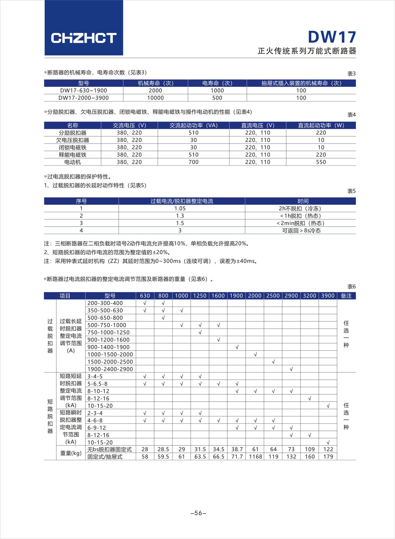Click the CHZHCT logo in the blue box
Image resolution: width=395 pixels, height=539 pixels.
(84, 38)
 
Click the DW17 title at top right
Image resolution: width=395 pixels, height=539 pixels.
(332, 37)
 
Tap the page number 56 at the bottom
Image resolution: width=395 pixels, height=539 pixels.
(198, 513)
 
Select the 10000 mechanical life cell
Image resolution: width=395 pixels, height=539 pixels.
(155, 98)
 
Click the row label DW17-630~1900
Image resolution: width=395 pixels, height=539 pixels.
(83, 90)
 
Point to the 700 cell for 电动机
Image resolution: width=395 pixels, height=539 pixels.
(194, 162)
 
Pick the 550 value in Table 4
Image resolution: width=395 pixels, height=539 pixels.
(321, 162)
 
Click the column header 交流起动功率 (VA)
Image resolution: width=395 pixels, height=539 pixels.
(194, 125)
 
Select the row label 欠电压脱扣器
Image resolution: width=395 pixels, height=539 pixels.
(73, 140)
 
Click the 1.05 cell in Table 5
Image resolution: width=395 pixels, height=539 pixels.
(180, 209)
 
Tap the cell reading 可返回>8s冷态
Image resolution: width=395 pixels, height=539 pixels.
(302, 231)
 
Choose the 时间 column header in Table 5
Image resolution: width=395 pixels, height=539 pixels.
(303, 201)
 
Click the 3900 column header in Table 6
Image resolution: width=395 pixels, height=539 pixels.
(328, 296)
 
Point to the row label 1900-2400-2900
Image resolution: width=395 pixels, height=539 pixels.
(110, 369)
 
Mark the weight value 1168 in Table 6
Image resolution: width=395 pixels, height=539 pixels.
(255, 457)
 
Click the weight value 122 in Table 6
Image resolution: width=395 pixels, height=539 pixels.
(328, 449)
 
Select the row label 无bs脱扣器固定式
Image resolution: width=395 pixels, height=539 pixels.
(110, 449)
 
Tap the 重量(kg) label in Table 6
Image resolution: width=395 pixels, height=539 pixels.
(71, 453)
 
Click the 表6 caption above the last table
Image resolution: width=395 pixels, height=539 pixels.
(352, 286)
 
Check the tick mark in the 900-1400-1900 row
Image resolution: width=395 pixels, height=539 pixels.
(237, 347)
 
